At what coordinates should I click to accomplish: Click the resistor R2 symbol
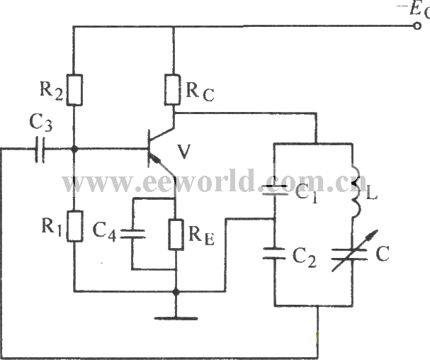click(74, 90)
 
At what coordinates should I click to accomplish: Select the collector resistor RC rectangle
click(173, 89)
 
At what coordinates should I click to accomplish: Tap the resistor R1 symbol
click(75, 226)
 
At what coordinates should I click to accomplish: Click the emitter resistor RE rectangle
click(176, 235)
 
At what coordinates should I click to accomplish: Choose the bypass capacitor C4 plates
click(132, 234)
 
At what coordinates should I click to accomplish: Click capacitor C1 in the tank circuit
click(275, 190)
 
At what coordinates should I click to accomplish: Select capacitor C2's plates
click(275, 253)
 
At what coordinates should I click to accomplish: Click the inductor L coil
click(356, 192)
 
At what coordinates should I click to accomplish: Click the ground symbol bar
click(176, 319)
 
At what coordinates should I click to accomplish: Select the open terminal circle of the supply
click(417, 26)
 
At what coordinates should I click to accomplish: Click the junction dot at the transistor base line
click(74, 150)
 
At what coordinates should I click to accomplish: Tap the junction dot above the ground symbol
click(176, 293)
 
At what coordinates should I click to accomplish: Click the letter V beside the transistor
click(183, 152)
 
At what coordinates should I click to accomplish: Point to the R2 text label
click(51, 91)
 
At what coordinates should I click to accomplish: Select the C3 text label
click(40, 123)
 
